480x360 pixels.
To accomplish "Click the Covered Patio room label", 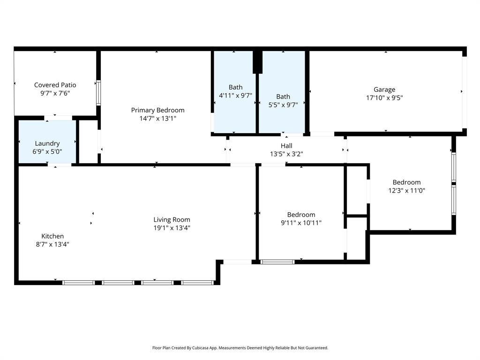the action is [x=55, y=85].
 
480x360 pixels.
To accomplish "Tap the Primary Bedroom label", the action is [x=157, y=110].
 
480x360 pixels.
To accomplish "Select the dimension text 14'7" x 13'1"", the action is [x=157, y=119].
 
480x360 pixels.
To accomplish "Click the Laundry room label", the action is [x=47, y=143].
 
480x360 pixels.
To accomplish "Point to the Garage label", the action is [x=384, y=90].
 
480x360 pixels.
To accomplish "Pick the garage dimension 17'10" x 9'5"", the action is [x=384, y=97].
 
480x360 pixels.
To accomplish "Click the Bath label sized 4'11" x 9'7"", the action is [x=235, y=87].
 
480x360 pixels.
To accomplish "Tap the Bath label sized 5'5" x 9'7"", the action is [x=283, y=97].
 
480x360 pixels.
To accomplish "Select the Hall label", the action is [x=286, y=146].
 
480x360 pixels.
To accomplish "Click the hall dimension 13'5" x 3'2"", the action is [x=286, y=154].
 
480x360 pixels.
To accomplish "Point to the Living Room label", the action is [x=172, y=219].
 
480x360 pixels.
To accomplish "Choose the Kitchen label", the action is [x=52, y=236].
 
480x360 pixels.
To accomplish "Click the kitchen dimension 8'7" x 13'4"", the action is [x=52, y=244].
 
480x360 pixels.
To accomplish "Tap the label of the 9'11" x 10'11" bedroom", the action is [x=301, y=215].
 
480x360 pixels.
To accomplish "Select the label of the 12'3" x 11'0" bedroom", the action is [x=406, y=182].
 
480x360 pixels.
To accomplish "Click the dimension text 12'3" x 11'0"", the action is [x=406, y=190].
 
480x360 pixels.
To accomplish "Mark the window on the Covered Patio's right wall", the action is [x=98, y=93].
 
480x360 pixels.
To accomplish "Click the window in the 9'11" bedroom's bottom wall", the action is [x=277, y=262].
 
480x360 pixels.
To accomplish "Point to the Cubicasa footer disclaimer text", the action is [x=240, y=348].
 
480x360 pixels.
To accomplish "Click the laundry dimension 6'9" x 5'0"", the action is [x=47, y=151].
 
